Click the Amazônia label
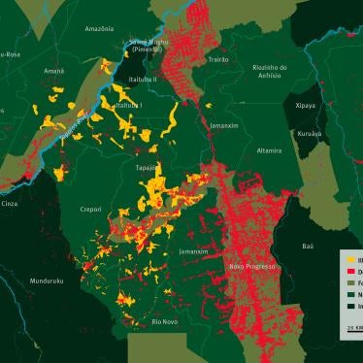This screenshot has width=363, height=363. pyautogui.click(x=100, y=29)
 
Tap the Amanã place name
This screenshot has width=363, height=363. pyautogui.click(x=54, y=71)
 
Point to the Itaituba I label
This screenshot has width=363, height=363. pyautogui.click(x=128, y=105)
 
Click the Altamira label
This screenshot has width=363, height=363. pyautogui.click(x=268, y=150)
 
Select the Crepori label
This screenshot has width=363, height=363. pyautogui.click(x=90, y=210)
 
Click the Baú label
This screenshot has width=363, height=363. pyautogui.click(x=308, y=247)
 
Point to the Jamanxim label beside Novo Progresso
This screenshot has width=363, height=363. pyautogui.click(x=193, y=251)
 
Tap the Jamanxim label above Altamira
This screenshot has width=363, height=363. pyautogui.click(x=224, y=125)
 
